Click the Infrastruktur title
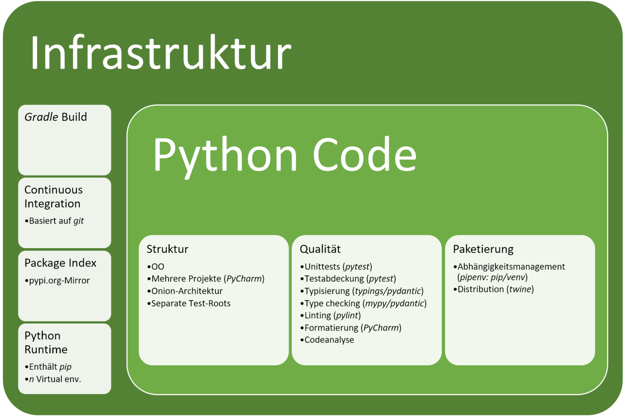point(161,52)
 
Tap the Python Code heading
point(285,156)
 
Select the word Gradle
point(41,117)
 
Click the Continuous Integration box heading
point(53,197)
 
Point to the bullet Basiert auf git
point(54,221)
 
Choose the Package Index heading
point(60,263)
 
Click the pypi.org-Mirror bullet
point(57,280)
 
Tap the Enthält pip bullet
point(48,367)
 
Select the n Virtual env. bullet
point(53,379)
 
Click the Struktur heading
point(167,249)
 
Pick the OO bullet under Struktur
point(156,267)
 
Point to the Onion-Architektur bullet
point(185,291)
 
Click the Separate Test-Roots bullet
point(189,304)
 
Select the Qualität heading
point(320,249)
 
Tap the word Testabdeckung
point(334,279)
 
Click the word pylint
point(347,316)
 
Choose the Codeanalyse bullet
point(327,340)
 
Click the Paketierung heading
point(483,249)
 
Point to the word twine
point(520,289)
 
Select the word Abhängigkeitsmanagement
point(511,267)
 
